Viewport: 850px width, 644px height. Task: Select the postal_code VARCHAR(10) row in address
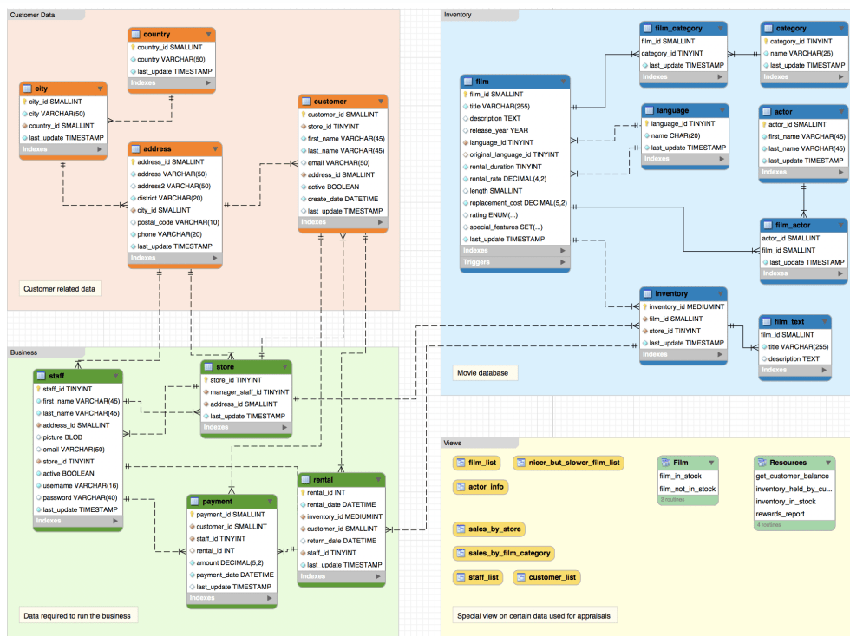[x=178, y=222]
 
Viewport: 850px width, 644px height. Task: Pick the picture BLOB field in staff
[x=65, y=437]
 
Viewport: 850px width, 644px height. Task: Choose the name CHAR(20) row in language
[x=677, y=135]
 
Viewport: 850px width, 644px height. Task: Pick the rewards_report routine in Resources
[x=781, y=513]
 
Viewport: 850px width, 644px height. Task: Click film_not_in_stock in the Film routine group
[x=688, y=489]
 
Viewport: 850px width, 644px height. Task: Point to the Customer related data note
[x=59, y=288]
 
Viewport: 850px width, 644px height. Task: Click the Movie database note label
[x=484, y=373]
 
